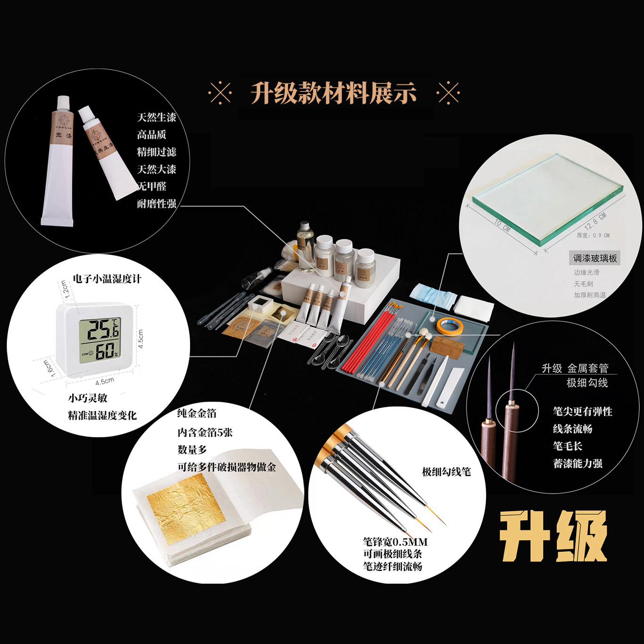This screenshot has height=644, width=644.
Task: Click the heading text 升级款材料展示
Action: [333, 93]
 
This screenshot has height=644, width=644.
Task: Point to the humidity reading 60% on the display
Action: [107, 351]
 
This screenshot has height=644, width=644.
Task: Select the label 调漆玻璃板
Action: [594, 258]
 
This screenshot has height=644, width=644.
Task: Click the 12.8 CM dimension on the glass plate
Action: [595, 221]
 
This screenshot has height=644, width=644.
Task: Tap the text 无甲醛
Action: [152, 186]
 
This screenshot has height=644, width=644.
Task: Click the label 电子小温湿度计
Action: [107, 279]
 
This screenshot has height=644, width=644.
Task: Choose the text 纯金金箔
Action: [197, 413]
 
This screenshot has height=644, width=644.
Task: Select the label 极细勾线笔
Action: [446, 471]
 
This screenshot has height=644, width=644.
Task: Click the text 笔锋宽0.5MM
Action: [395, 542]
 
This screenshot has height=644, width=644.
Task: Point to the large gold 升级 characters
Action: [553, 536]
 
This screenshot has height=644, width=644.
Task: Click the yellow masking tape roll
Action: [449, 326]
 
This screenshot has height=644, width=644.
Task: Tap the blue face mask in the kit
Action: [433, 296]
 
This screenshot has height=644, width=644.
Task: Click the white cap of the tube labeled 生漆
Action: [63, 103]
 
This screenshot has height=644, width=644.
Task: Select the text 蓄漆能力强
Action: [578, 463]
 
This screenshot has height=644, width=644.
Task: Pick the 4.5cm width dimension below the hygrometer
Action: [105, 381]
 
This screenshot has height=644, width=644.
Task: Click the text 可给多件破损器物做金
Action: [226, 467]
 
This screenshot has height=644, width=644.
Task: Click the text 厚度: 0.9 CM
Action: [593, 235]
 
